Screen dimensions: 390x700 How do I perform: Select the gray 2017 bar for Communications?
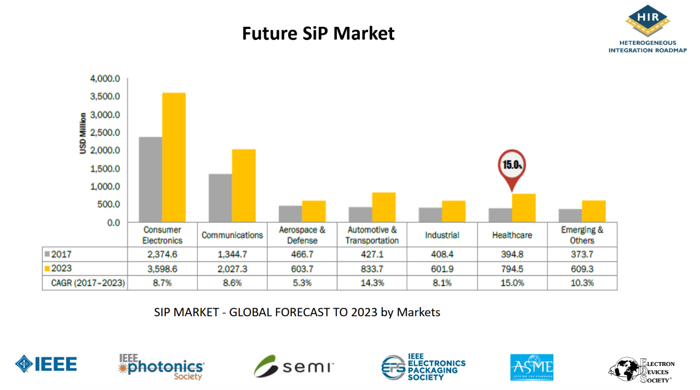(220, 198)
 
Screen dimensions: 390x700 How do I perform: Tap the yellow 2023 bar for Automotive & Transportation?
(383, 207)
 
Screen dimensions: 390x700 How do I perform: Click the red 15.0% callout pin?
(511, 166)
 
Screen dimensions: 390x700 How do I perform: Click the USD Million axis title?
(83, 133)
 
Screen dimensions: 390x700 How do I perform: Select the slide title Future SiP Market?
(318, 33)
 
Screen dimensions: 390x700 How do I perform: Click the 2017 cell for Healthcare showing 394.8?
(512, 255)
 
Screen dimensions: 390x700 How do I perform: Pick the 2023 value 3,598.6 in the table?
(162, 269)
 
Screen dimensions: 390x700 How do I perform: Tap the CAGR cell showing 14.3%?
(372, 283)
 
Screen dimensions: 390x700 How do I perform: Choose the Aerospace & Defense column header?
(302, 235)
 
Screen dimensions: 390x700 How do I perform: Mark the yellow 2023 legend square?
(48, 269)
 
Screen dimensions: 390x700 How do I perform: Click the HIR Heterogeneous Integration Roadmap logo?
(647, 29)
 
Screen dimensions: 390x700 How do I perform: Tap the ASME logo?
(531, 367)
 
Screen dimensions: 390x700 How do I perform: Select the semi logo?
(294, 366)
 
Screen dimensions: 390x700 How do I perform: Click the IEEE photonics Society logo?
(161, 367)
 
